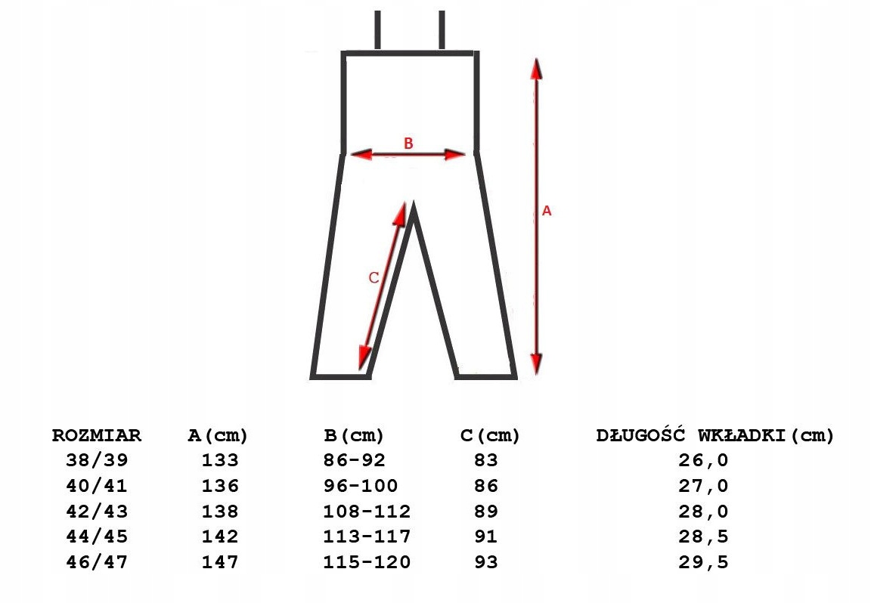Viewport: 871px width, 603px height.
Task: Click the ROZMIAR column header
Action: coord(97,435)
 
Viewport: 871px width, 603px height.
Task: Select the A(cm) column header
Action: coord(218,435)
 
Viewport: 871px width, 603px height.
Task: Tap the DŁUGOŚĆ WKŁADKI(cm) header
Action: coord(715,434)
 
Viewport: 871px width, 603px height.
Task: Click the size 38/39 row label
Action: coord(97,460)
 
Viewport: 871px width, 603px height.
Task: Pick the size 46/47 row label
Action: coord(97,562)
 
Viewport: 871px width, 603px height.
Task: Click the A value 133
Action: coord(220,460)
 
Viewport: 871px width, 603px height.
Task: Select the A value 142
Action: coord(220,537)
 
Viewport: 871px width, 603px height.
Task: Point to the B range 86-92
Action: coord(355,460)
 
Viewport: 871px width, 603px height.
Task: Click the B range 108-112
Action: coord(367,511)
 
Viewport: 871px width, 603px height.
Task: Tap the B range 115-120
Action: coord(367,562)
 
